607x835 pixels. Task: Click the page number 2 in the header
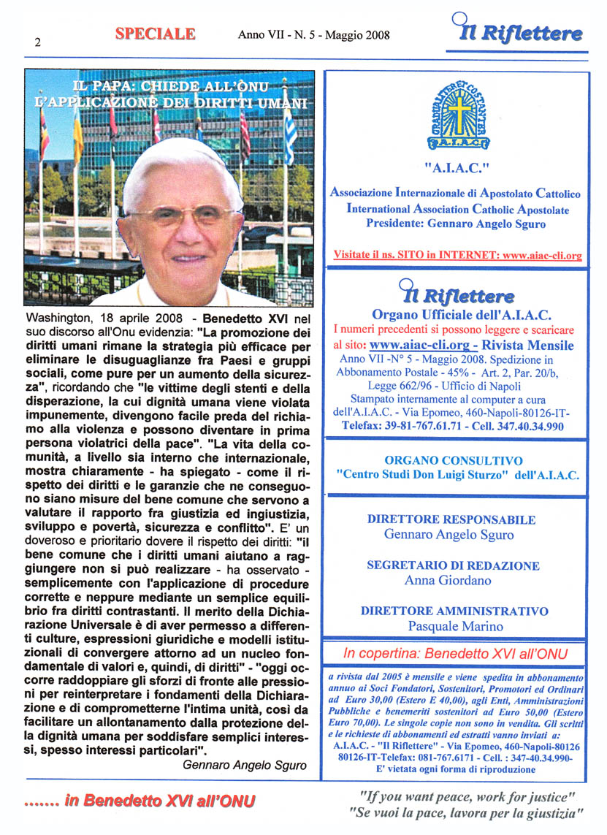pos(37,42)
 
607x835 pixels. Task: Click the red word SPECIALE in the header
pos(155,34)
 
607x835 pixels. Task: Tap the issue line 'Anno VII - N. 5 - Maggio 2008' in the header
pos(313,34)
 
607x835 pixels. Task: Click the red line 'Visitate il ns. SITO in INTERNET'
pos(457,256)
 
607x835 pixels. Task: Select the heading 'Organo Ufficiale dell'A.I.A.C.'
pos(461,315)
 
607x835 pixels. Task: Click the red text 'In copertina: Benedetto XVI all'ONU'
pos(455,652)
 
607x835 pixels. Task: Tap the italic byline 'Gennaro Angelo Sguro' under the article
pos(245,766)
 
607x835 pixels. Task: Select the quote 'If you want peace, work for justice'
pos(467,796)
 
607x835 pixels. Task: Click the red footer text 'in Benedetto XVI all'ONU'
pos(159,801)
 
